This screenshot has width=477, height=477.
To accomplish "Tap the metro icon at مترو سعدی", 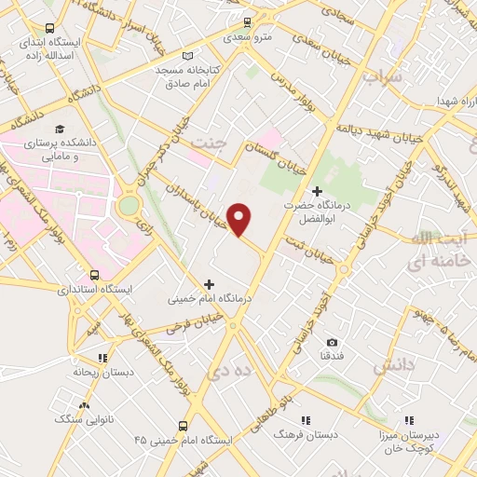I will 247,22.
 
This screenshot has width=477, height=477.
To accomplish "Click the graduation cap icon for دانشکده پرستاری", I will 61,129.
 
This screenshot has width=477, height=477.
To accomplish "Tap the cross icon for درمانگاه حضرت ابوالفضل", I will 317,191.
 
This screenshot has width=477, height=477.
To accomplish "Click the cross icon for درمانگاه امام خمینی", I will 209,284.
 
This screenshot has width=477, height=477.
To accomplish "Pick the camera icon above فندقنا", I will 333,343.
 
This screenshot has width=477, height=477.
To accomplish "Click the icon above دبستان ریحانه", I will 102,357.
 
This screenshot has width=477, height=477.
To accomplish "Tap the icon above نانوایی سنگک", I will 85,405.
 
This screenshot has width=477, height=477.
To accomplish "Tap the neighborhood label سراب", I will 382,76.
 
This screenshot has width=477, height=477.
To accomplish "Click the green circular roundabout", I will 129,204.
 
